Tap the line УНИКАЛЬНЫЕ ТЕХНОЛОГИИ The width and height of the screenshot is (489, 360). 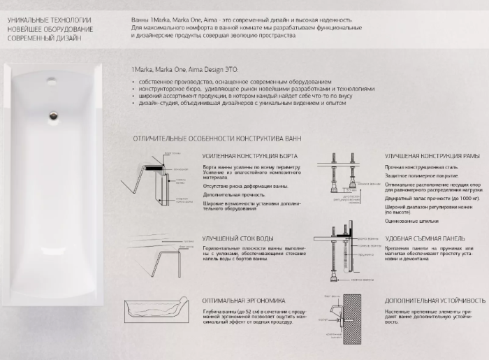[39, 20]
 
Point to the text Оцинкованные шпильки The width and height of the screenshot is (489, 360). [411, 221]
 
